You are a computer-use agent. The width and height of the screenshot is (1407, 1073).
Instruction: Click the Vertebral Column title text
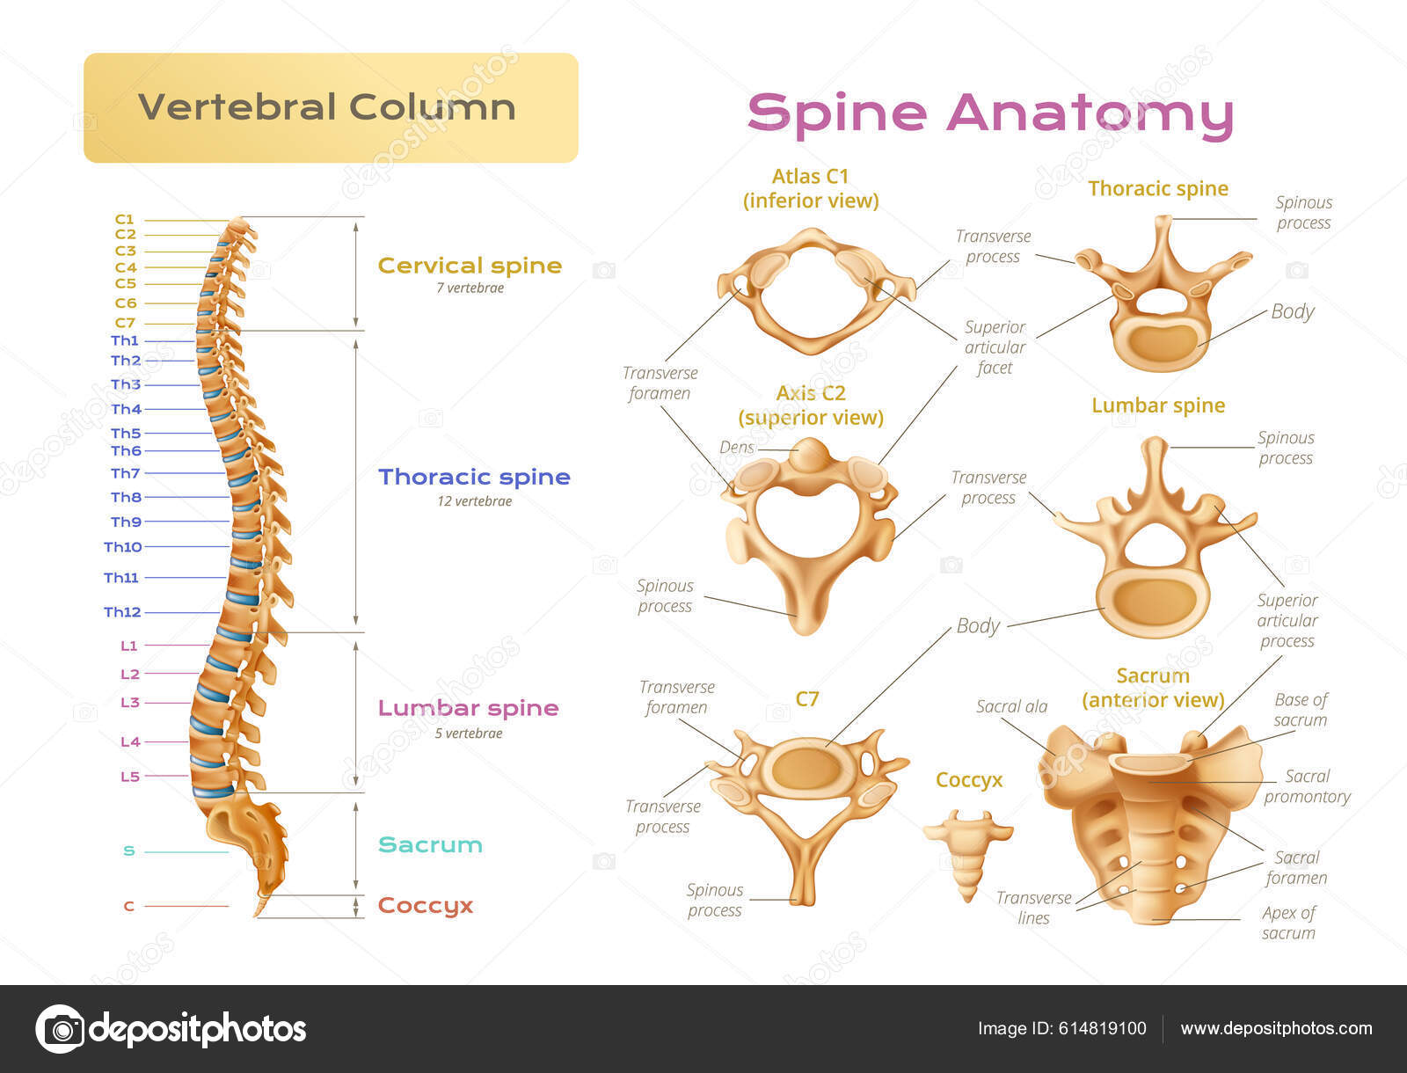coord(327,107)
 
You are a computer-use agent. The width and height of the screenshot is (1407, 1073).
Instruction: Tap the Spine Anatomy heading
coord(990,113)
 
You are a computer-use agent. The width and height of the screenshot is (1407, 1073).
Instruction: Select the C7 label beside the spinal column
coord(125,323)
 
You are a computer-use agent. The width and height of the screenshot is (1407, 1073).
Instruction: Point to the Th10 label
coord(122,547)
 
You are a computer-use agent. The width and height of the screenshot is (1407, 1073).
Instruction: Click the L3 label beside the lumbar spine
coord(129,703)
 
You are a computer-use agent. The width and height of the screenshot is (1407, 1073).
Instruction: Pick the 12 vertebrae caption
coord(474,501)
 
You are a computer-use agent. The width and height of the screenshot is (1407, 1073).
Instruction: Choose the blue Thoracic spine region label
coord(474,477)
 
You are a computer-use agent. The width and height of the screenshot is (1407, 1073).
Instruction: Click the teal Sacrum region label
coord(430,845)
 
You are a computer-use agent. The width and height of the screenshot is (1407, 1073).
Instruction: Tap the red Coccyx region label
coord(426,906)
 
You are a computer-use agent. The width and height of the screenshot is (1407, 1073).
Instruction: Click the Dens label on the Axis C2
coord(736,447)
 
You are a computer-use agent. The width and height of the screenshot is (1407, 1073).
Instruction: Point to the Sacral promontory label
coord(1307,786)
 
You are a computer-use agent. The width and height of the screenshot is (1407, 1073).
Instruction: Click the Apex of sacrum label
coord(1288,923)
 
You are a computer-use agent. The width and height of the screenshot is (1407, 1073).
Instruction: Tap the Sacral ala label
coord(1011,706)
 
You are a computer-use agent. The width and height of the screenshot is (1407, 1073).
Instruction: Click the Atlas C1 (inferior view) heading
coord(810,188)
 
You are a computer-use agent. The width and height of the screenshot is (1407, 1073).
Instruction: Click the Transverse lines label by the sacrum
coord(1033,908)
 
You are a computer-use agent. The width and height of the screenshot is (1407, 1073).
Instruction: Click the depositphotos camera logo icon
coord(60,1028)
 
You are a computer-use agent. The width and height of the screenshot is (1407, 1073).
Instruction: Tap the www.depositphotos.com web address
coord(1276,1029)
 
